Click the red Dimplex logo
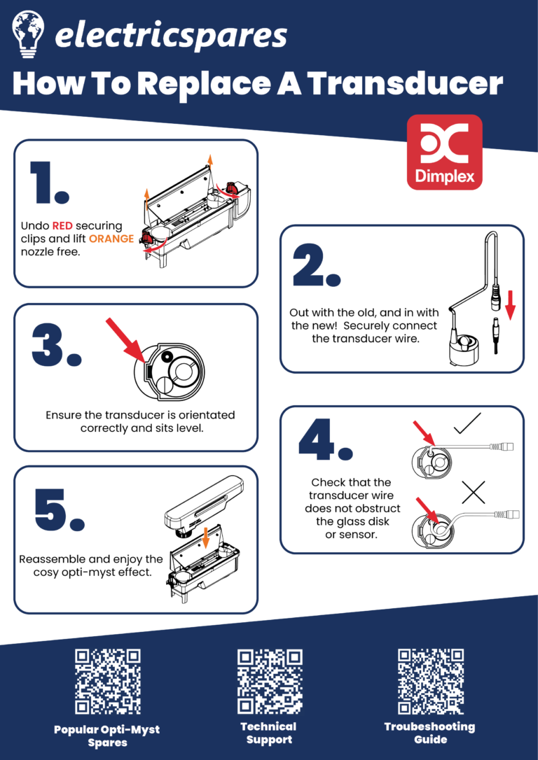[444, 152]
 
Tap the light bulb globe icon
[28, 34]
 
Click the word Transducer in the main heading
[406, 85]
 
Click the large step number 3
[56, 344]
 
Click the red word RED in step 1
[63, 226]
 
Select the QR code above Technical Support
[269, 682]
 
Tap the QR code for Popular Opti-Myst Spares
[108, 682]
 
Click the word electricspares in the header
[171, 36]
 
